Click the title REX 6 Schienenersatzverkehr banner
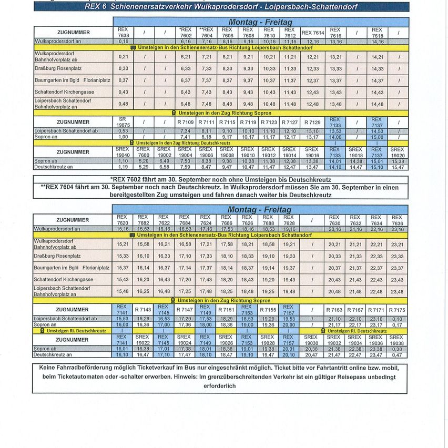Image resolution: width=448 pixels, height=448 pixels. [x=221, y=6]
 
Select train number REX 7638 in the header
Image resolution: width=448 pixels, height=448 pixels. [x=124, y=33]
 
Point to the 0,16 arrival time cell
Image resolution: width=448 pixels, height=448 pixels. [x=124, y=41]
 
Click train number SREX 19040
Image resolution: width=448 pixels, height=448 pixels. [x=124, y=152]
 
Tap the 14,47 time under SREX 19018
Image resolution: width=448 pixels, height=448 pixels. [x=355, y=167]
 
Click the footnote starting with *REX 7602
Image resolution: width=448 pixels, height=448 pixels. [x=221, y=179]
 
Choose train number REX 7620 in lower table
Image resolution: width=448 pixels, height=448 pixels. [x=123, y=220]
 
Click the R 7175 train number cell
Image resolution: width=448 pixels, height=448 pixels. [x=396, y=310]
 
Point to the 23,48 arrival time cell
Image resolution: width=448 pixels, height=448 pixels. [x=396, y=292]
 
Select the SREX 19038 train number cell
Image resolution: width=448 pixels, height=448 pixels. [x=396, y=340]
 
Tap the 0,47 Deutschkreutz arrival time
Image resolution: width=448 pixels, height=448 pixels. [x=396, y=355]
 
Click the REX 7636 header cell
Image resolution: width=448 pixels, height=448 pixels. [x=396, y=220]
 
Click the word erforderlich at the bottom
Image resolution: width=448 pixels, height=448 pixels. [x=221, y=385]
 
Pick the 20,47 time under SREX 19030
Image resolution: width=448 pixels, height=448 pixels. [x=311, y=355]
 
